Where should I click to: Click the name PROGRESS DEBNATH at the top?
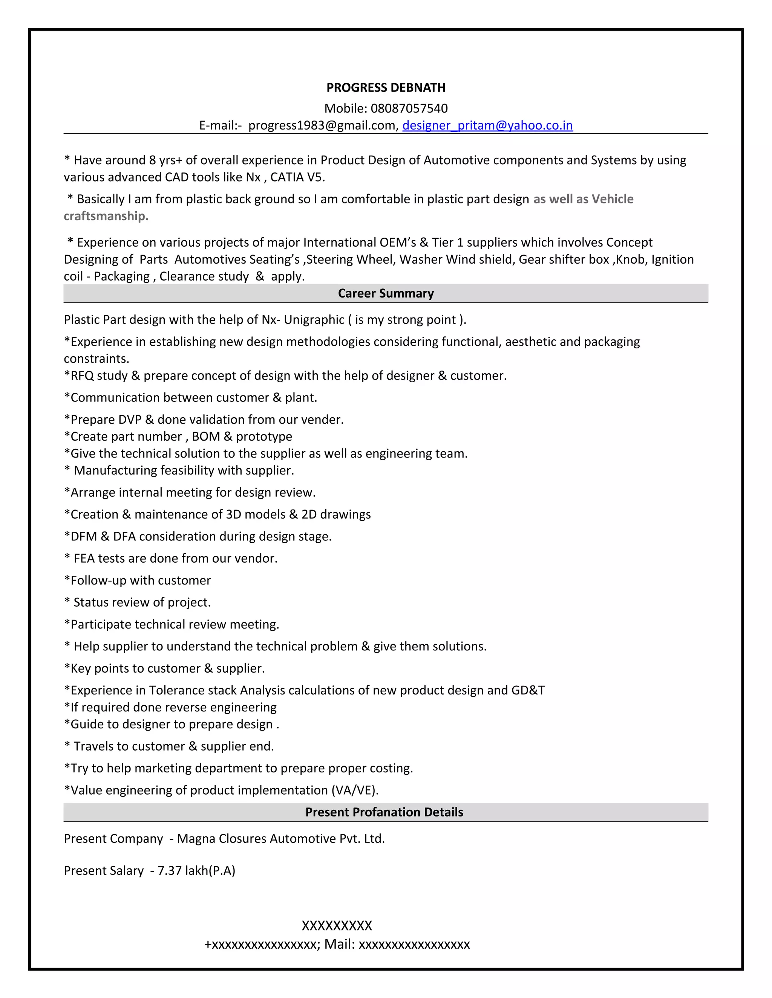coord(386,87)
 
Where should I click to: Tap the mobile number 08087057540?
coord(409,108)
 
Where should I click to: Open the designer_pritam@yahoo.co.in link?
coord(487,125)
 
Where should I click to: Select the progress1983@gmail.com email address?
coord(323,125)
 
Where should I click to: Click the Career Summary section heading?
coord(386,293)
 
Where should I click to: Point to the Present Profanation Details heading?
coord(384,812)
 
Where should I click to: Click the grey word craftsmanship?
coord(106,216)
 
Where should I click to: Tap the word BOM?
coord(206,436)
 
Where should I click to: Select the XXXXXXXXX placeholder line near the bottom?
coord(337,926)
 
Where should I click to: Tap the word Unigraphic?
coord(314,319)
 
